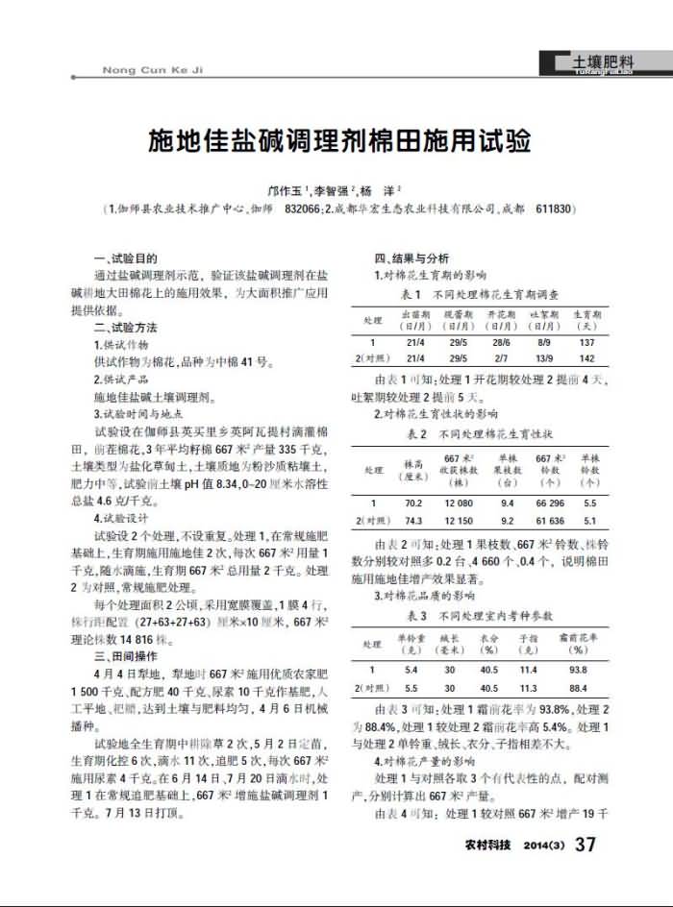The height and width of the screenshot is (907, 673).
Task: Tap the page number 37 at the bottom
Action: [585, 845]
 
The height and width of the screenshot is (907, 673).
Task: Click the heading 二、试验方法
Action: [125, 328]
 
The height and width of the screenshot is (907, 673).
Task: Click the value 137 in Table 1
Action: [586, 342]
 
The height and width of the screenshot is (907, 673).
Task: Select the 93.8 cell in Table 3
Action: [578, 670]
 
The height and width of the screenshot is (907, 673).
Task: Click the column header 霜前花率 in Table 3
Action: [578, 635]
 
